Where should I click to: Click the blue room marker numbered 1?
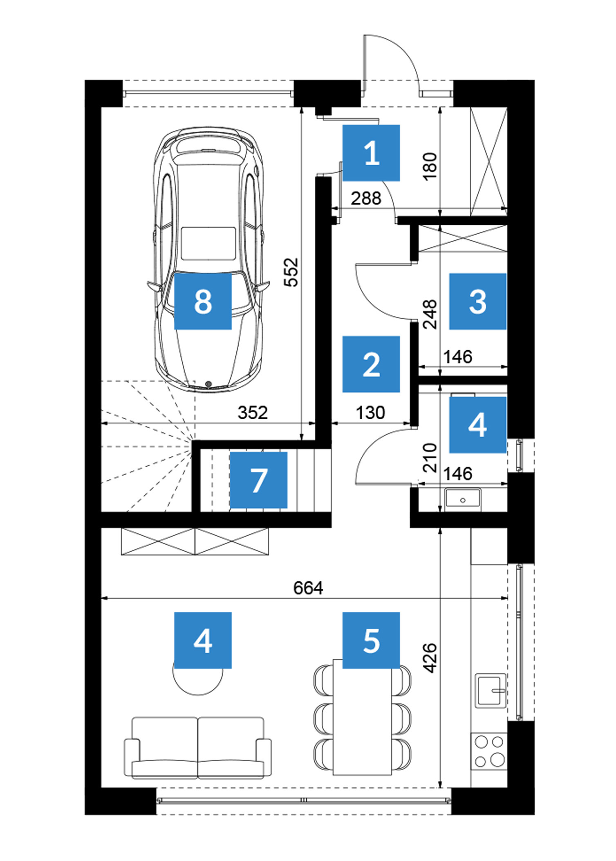coord(371,153)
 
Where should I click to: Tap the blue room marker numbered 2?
coord(371,364)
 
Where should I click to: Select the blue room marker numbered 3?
coord(477,302)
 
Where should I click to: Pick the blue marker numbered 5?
coord(371,640)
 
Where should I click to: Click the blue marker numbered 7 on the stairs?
coord(258,480)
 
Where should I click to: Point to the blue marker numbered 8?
coord(203,302)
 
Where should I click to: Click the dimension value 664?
coord(308,588)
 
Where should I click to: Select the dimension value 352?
coord(253,413)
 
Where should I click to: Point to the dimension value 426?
coord(430,658)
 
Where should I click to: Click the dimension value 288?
coord(366,199)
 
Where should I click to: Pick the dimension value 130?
coord(370,413)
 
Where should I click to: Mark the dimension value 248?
coord(430,314)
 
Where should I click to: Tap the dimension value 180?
coord(430,167)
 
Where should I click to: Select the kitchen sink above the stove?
coord(491,691)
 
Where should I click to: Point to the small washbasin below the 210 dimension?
coord(463,499)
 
